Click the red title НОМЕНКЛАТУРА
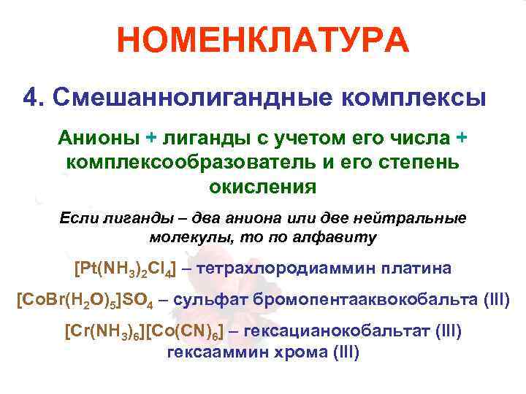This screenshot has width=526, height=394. [263, 42]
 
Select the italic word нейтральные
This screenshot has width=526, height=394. [412, 218]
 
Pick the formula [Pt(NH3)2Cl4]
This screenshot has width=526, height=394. [125, 269]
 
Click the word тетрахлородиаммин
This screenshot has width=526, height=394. [293, 269]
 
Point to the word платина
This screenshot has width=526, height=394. [412, 269]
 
